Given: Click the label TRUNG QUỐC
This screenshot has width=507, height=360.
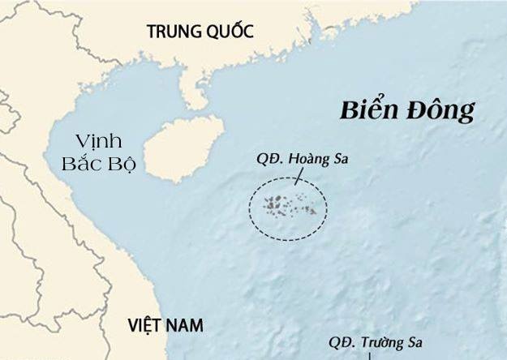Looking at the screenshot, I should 200,32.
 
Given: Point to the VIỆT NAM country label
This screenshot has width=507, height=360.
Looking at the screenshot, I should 165,326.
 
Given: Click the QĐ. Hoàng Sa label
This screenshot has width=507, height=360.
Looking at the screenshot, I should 303,160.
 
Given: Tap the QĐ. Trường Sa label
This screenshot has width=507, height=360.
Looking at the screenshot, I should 375,343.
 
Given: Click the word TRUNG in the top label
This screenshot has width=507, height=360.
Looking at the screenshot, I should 171,32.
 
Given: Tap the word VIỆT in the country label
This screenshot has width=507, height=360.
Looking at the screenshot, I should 145,326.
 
